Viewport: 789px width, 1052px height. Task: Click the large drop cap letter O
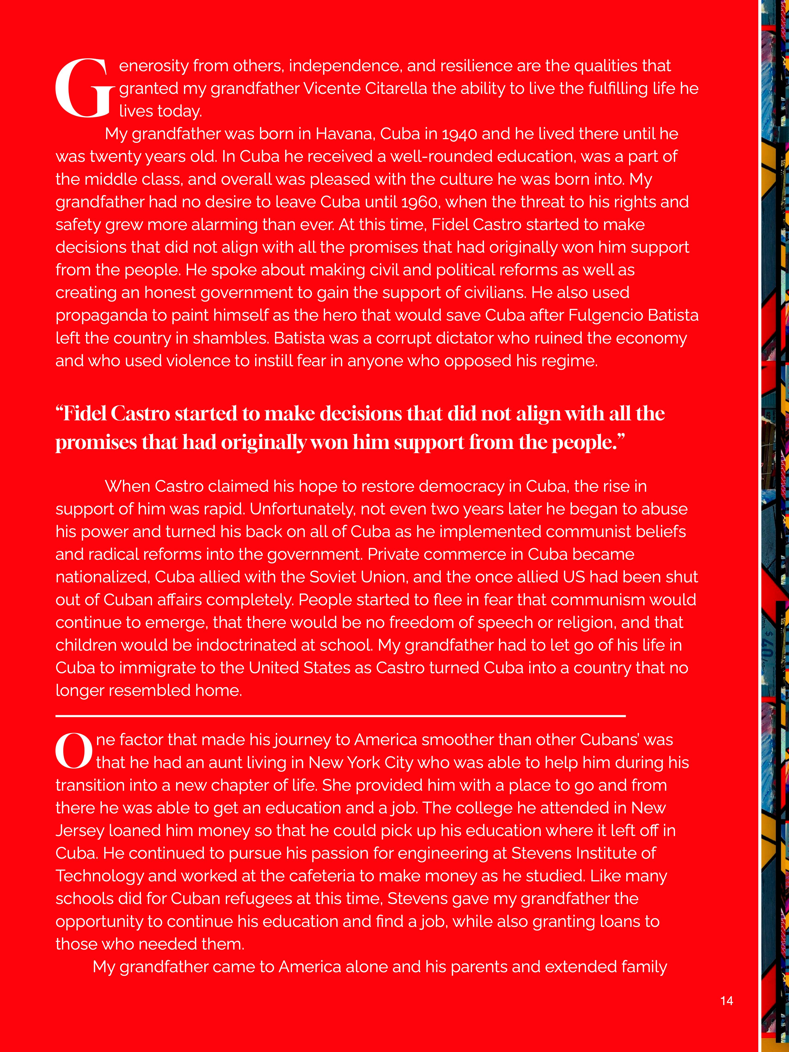point(74,751)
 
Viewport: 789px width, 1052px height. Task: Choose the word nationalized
point(103,577)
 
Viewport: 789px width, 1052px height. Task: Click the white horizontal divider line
point(340,715)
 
